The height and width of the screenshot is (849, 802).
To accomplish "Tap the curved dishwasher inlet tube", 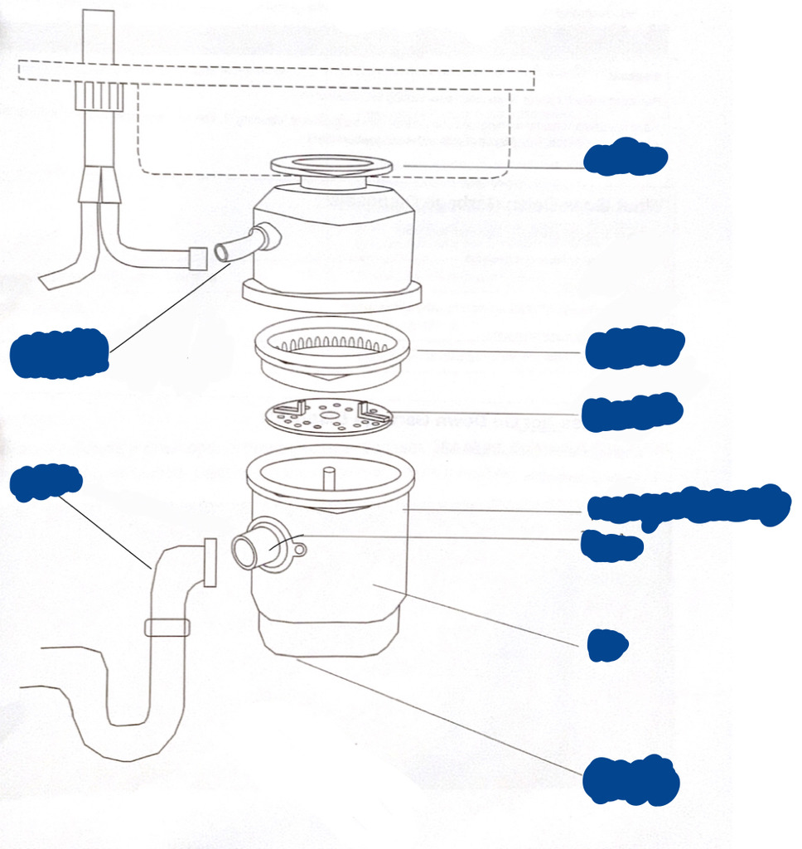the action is pyautogui.click(x=240, y=246).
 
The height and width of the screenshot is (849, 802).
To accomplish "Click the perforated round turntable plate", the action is pyautogui.click(x=328, y=414).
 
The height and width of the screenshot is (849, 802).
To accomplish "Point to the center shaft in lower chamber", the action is pyautogui.click(x=328, y=479).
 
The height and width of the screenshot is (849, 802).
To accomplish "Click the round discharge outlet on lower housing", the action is pyautogui.click(x=249, y=551).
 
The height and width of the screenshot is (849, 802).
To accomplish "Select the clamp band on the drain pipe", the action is pyautogui.click(x=167, y=628).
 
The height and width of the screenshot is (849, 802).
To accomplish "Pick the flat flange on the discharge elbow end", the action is pyautogui.click(x=210, y=562).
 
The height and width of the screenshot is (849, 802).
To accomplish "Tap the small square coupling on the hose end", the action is pyautogui.click(x=197, y=259).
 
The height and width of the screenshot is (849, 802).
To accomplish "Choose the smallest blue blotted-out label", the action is pyautogui.click(x=606, y=645).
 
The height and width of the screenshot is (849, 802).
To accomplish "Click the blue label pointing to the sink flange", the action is pyautogui.click(x=625, y=158).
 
